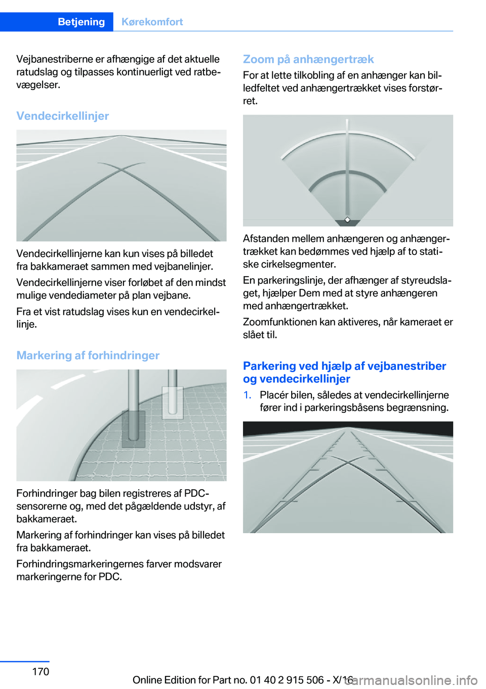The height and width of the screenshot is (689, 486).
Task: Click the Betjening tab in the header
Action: pyautogui.click(x=81, y=22)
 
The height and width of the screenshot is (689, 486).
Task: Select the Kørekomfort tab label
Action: pyautogui.click(x=152, y=22)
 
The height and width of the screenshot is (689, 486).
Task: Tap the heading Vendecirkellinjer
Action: pyautogui.click(x=62, y=116)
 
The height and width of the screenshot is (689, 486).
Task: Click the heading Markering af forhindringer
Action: pyautogui.click(x=88, y=356)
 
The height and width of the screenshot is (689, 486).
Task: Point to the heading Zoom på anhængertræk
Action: pyautogui.click(x=308, y=59)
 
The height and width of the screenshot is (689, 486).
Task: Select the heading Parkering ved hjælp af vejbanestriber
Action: pyautogui.click(x=344, y=366)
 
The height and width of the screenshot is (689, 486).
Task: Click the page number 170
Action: pyautogui.click(x=40, y=671)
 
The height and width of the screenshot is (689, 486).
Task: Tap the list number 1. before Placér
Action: pyautogui.click(x=247, y=395)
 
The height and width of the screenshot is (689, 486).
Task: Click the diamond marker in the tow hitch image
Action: pyautogui.click(x=347, y=220)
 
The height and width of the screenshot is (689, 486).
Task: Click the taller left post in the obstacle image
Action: pyautogui.click(x=133, y=405)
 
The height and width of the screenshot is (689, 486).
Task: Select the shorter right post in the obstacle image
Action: pyautogui.click(x=173, y=392)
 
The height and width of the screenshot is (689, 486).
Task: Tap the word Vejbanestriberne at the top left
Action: pyautogui.click(x=54, y=59)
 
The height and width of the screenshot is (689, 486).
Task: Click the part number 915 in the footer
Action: pyautogui.click(x=295, y=680)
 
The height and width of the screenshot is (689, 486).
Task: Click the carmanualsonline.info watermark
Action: pyautogui.click(x=413, y=680)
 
